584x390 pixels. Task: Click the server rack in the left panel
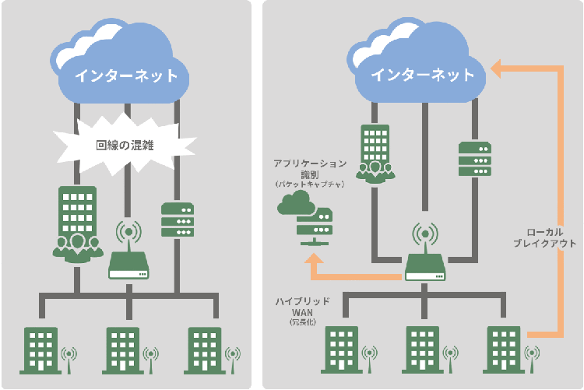[x=178, y=220]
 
